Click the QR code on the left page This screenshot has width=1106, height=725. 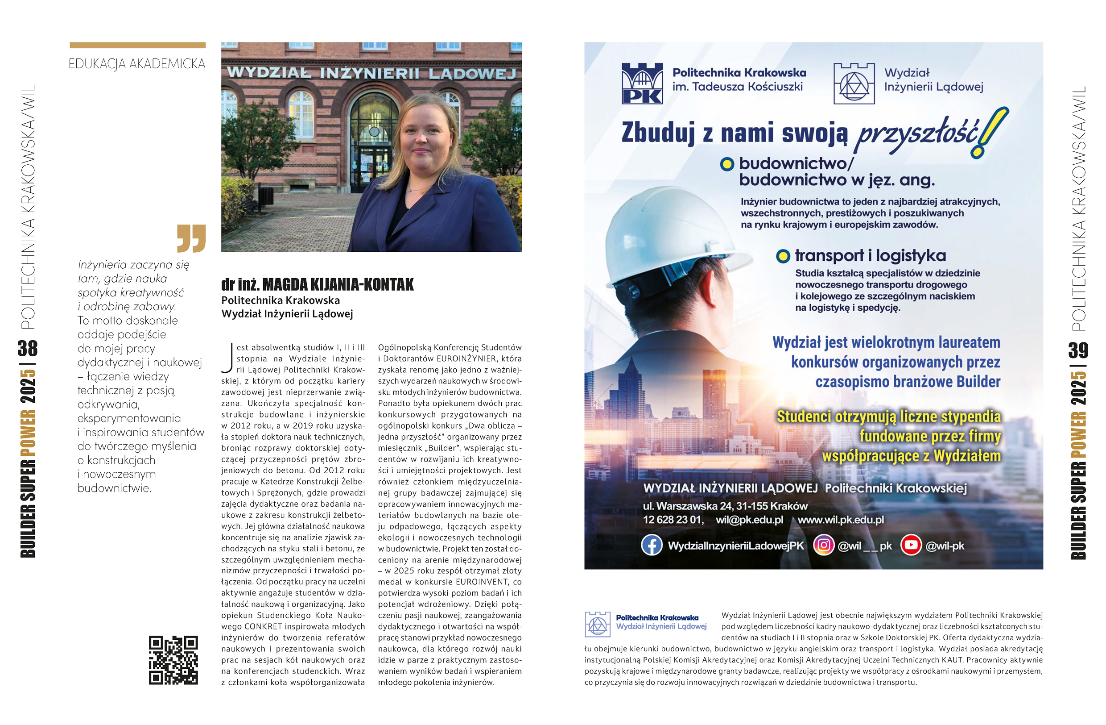tap(173, 660)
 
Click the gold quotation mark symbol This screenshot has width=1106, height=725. tap(191, 238)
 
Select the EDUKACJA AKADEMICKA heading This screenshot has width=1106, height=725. tap(137, 64)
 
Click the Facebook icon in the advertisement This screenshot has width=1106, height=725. tap(652, 545)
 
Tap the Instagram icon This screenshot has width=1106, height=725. tap(823, 545)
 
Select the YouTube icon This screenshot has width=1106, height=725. tap(911, 545)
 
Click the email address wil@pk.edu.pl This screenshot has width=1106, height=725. tap(749, 520)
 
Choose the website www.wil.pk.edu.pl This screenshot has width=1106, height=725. tap(841, 520)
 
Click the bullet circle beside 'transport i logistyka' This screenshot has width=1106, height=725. tap(783, 256)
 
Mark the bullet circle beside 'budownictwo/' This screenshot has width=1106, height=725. tap(727, 164)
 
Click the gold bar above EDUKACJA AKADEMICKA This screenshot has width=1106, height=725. tap(137, 46)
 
